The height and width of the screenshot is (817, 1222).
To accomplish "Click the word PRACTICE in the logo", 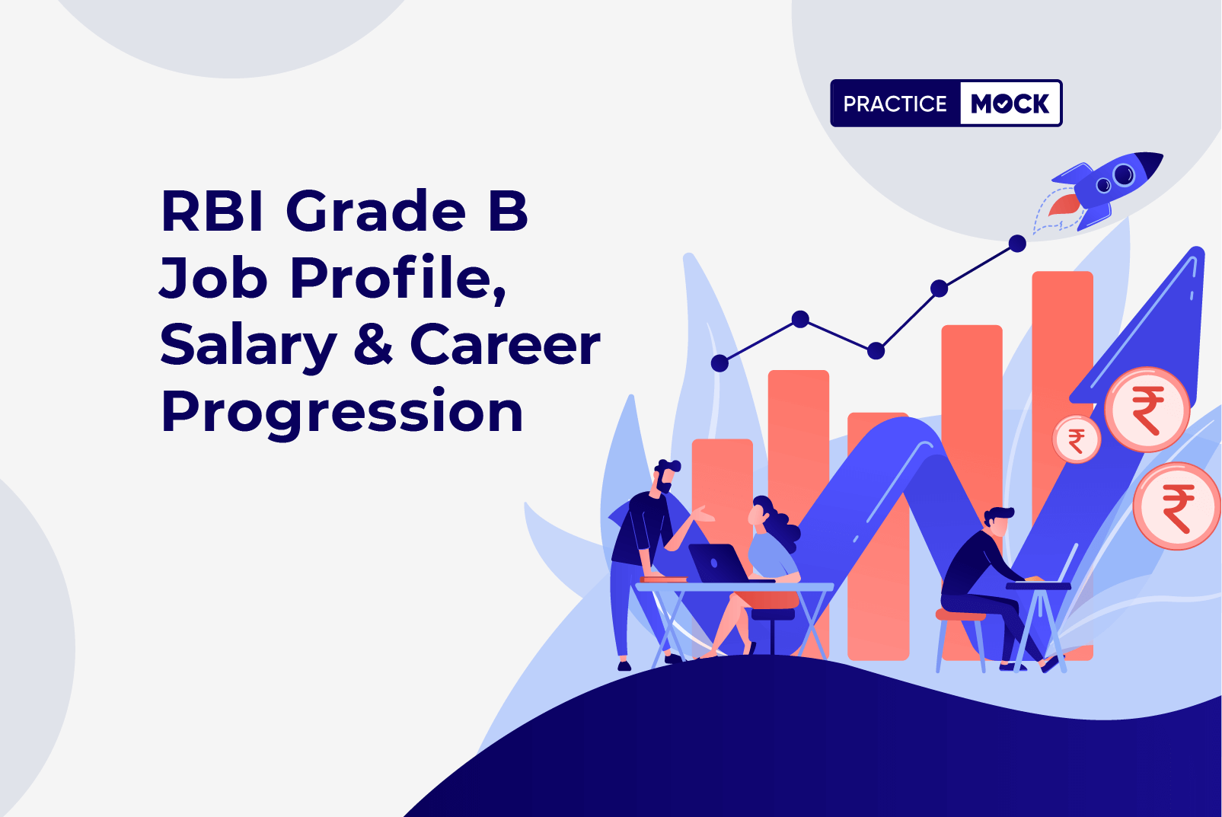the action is [x=895, y=104].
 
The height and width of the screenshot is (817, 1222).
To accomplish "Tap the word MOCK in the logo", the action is [x=1010, y=104].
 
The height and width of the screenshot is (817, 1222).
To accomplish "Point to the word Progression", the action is [x=342, y=413].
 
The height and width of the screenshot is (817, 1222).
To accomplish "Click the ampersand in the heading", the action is [x=373, y=343].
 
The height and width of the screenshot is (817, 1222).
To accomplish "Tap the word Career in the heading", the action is [x=505, y=343].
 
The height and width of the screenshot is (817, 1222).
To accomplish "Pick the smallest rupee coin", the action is [x=1076, y=439].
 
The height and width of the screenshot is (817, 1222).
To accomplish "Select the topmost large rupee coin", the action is [x=1147, y=409].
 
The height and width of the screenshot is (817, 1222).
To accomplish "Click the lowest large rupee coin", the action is [x=1177, y=506].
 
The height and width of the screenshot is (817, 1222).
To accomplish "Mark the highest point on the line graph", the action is [x=1017, y=243].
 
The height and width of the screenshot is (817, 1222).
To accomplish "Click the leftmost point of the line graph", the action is [x=719, y=362].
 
